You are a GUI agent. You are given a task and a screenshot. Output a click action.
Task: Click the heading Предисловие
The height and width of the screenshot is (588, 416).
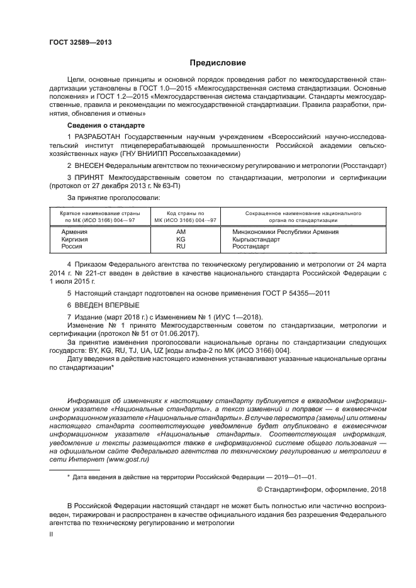(214, 63)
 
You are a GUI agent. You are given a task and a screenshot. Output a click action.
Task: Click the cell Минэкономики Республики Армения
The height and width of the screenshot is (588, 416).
(294, 232)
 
